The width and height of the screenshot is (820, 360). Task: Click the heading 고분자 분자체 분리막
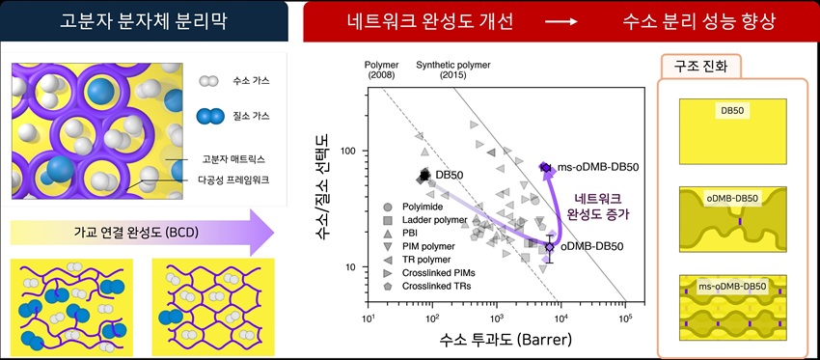pos(144,22)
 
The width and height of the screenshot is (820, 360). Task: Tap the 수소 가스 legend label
pos(252,82)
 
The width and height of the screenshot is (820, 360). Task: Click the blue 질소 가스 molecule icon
pos(209,116)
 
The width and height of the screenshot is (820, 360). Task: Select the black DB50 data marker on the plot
pos(424,176)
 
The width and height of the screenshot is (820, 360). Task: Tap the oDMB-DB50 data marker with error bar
pos(549,247)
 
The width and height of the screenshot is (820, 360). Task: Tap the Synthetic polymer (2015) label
pos(453,69)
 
